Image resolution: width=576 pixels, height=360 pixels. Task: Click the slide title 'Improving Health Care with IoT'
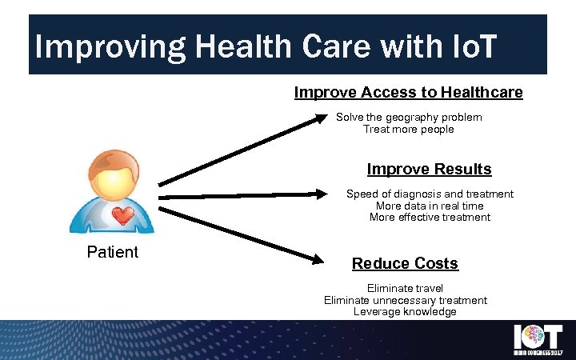(266, 46)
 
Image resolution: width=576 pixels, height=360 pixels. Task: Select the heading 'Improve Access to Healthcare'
(408, 93)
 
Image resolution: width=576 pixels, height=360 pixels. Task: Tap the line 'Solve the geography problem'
(409, 117)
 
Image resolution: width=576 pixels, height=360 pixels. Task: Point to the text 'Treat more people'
(408, 129)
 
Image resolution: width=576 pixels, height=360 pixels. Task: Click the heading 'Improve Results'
(429, 170)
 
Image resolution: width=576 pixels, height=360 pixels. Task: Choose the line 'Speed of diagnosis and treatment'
(430, 194)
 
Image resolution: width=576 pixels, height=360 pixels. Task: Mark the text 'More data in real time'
(430, 206)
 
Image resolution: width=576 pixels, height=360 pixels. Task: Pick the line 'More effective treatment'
(430, 217)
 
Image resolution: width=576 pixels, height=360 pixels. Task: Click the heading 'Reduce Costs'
(405, 263)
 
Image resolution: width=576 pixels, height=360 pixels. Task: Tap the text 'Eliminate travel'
(405, 288)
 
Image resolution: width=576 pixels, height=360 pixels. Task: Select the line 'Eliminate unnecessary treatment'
(405, 300)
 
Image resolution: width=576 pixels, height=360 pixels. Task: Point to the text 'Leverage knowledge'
(405, 311)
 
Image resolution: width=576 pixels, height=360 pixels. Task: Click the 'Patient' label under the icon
(112, 252)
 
